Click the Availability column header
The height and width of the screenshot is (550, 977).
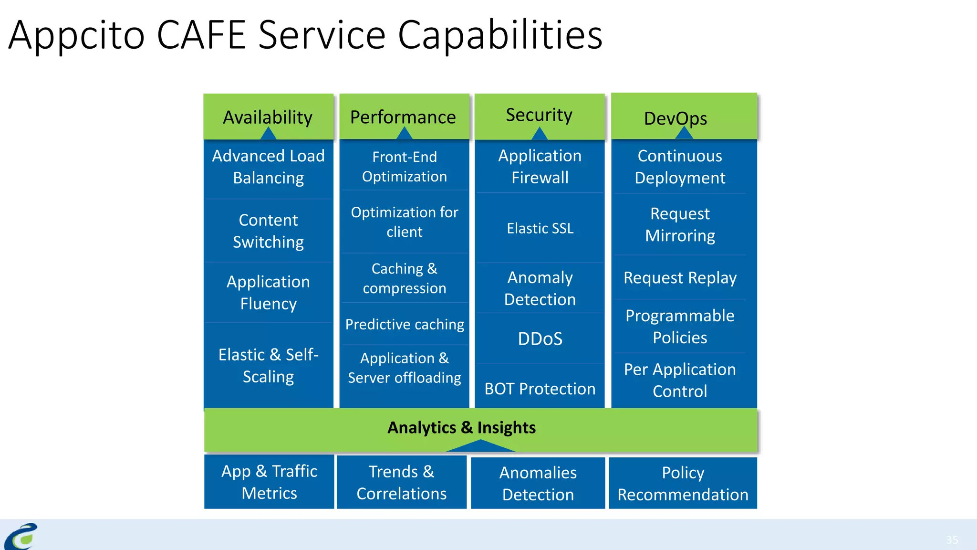(268, 117)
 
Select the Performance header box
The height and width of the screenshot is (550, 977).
(404, 117)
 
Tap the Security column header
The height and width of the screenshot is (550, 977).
(539, 115)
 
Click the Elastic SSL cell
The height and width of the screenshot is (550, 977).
(540, 228)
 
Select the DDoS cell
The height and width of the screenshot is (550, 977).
(540, 338)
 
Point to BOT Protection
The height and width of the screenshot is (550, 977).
(540, 389)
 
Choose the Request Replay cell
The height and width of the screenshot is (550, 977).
(680, 277)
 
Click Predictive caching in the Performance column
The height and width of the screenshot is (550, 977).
(405, 324)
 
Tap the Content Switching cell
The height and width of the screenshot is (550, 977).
(268, 231)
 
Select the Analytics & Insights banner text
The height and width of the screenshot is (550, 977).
(461, 427)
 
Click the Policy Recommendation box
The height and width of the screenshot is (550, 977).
(683, 483)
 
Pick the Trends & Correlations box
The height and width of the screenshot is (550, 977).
(402, 482)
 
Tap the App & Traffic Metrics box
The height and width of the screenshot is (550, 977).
(269, 482)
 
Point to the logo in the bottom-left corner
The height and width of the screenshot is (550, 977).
(21, 536)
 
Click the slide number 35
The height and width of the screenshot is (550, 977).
(952, 539)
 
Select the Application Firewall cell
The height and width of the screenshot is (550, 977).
(540, 167)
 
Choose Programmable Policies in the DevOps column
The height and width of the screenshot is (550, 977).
(680, 327)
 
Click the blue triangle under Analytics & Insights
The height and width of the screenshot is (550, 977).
(481, 447)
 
